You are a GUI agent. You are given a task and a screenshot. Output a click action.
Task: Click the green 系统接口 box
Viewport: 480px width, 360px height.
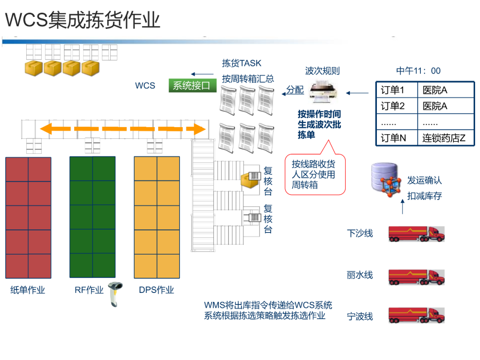point(192,85)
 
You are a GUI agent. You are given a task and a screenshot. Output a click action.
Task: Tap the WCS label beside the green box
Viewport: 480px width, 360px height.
point(145,85)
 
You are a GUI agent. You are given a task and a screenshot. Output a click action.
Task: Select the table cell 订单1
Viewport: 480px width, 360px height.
point(393,91)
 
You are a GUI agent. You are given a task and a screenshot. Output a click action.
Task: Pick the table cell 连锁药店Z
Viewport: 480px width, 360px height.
point(444,138)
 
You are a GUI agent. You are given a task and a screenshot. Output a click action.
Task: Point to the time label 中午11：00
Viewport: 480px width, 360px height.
point(418,71)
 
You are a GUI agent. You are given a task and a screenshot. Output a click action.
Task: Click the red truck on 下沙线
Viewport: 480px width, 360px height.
point(416,233)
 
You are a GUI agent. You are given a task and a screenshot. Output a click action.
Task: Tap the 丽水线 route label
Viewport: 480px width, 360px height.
point(360,275)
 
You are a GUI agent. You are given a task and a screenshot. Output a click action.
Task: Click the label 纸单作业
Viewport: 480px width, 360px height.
point(28,290)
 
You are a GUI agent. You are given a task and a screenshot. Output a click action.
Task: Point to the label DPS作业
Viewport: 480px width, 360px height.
point(156,290)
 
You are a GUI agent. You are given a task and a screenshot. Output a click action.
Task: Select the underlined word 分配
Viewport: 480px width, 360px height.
point(295,90)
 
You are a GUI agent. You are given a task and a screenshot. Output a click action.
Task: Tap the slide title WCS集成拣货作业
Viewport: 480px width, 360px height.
point(83,20)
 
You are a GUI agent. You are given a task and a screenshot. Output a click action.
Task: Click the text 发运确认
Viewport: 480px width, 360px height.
point(424,180)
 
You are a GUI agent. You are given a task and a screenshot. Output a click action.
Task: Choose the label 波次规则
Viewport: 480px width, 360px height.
point(322,71)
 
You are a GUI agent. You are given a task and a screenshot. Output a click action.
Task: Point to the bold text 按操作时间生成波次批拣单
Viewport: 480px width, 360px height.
point(319,124)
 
